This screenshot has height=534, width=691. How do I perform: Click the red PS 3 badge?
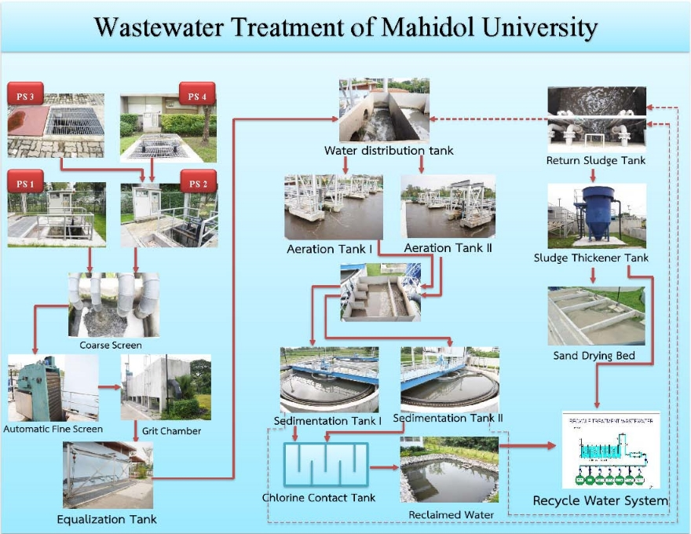[x=26, y=97]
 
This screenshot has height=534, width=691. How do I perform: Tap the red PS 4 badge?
[x=196, y=97]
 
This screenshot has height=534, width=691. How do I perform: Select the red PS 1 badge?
[x=25, y=185]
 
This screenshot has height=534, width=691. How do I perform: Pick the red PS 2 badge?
[x=197, y=184]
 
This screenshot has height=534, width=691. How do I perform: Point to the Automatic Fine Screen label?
[x=53, y=429]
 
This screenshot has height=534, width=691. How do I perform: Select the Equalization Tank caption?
[x=107, y=519]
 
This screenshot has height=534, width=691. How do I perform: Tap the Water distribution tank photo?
[x=385, y=110]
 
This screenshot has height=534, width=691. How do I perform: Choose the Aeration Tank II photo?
[x=448, y=206]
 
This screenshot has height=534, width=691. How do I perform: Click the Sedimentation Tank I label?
[x=327, y=422]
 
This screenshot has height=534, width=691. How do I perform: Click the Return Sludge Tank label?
[x=596, y=161]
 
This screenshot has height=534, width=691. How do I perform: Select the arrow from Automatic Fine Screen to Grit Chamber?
[x=109, y=386]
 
